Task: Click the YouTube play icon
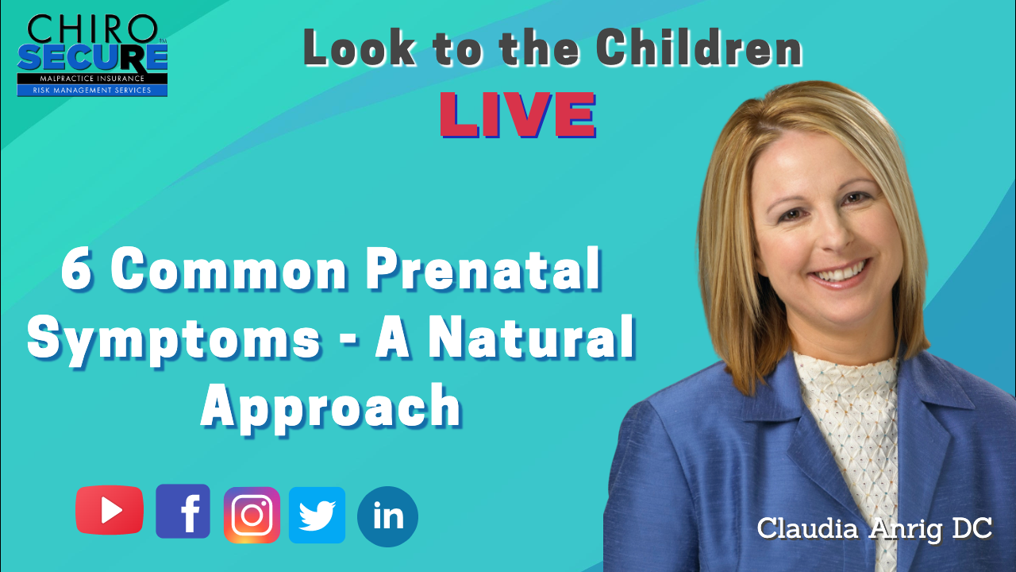click(110, 510)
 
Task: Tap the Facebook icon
click(183, 511)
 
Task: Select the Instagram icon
click(252, 516)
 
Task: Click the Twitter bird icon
click(317, 516)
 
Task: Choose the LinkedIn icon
click(388, 516)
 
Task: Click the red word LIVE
click(518, 114)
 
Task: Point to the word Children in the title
click(699, 48)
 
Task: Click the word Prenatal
click(484, 269)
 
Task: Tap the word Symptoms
click(175, 339)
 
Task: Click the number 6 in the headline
click(77, 269)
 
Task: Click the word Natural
click(532, 337)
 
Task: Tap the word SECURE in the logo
click(93, 58)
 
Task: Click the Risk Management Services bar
click(93, 91)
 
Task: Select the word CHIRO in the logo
click(93, 29)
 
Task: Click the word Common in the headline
click(229, 269)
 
